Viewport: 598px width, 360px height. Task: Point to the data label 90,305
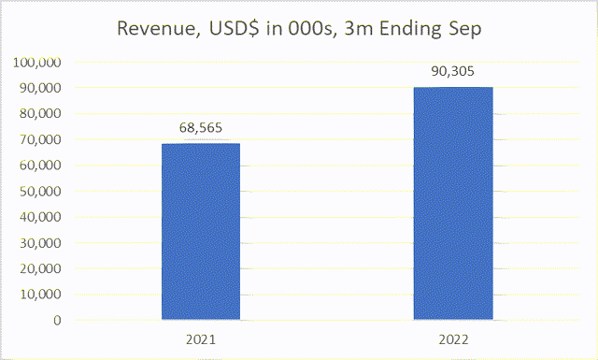(452, 70)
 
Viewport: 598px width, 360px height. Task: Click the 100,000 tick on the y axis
(37, 63)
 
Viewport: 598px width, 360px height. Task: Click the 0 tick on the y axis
(57, 320)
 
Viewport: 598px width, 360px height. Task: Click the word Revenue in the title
(154, 28)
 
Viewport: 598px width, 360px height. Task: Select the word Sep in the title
(463, 28)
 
